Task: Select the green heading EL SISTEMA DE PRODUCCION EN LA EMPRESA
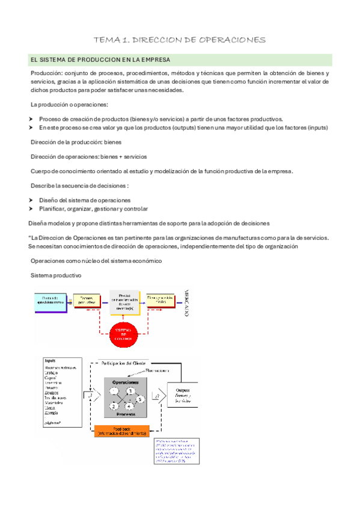pos(100,60)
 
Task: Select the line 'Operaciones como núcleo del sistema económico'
pos(96,260)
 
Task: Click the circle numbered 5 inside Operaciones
pos(140,399)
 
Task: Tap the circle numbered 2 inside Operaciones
pos(113,407)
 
